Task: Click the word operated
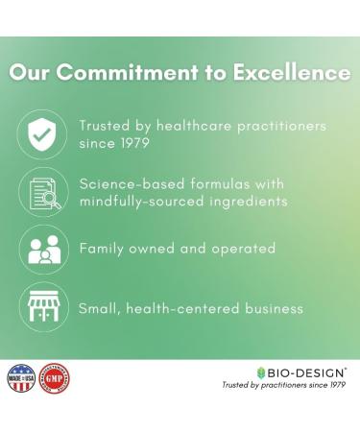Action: (x=246, y=249)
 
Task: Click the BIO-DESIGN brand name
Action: (x=303, y=372)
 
